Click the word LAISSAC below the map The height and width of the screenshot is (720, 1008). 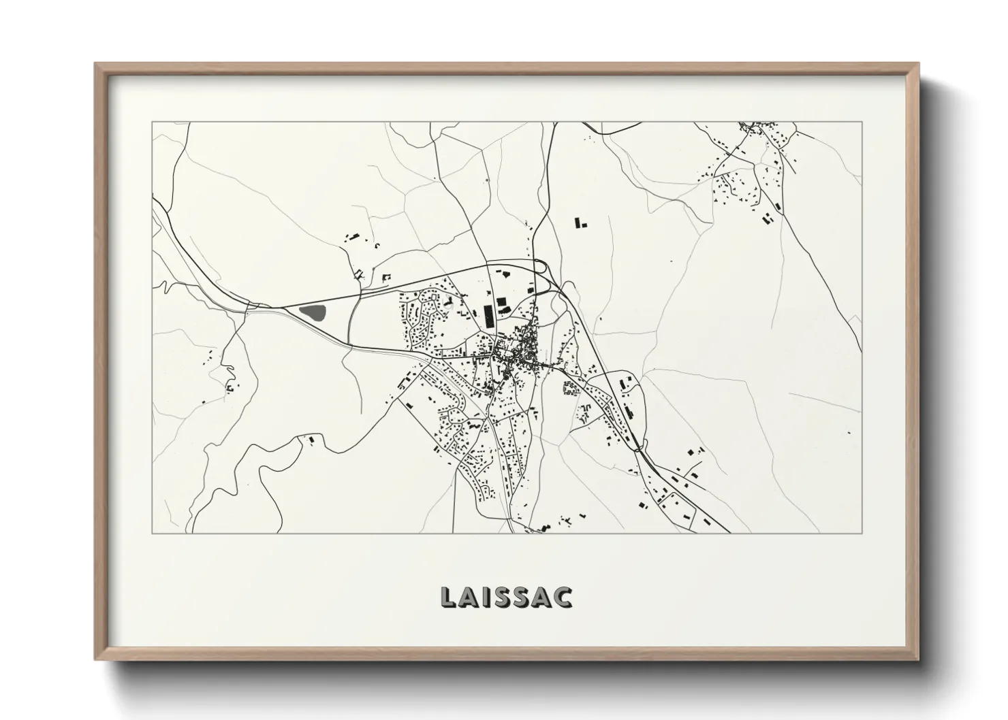click(x=506, y=596)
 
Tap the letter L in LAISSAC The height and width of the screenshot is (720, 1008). click(x=449, y=596)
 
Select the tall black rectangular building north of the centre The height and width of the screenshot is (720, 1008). click(x=488, y=316)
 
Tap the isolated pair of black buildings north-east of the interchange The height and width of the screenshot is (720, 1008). click(x=581, y=223)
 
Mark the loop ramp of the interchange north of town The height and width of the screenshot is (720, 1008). click(x=542, y=267)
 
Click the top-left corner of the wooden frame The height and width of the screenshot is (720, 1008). click(x=96, y=64)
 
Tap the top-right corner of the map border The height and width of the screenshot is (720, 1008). click(x=862, y=122)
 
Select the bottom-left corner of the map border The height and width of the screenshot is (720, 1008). click(x=152, y=533)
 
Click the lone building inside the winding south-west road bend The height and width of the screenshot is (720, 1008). click(x=312, y=440)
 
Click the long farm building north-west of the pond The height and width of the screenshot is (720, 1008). click(x=353, y=237)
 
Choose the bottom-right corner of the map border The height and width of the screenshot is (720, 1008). click(x=862, y=533)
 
